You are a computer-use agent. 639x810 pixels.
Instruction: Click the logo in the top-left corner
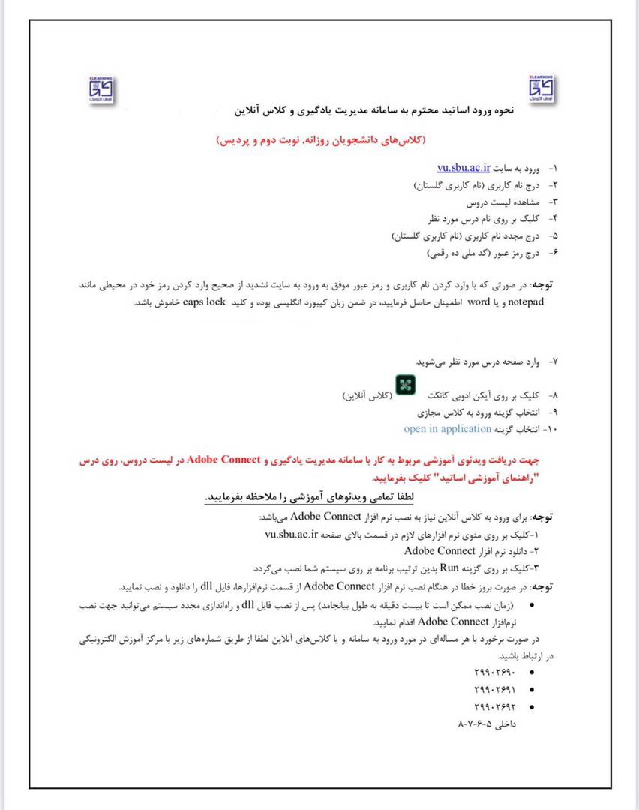(x=100, y=89)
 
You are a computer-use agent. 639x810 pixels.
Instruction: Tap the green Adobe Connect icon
(x=406, y=385)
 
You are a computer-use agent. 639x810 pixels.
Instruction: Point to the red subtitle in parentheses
(x=320, y=140)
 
